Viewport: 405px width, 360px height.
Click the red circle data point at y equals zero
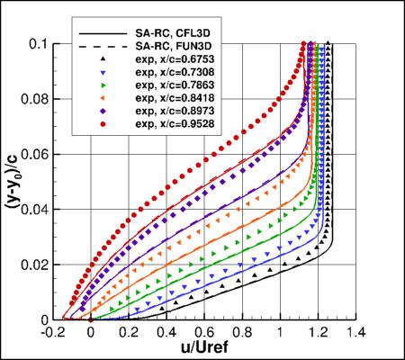tap(91, 319)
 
